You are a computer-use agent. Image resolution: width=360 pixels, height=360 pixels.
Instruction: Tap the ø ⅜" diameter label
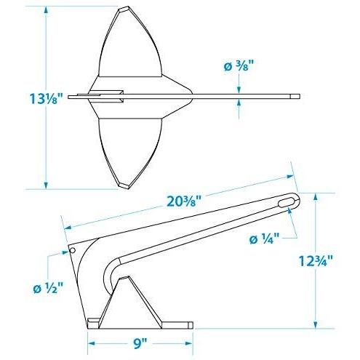(239, 66)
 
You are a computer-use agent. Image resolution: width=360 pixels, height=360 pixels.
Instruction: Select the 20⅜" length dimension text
(184, 201)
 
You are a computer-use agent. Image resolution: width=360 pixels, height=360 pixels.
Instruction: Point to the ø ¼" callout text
(265, 239)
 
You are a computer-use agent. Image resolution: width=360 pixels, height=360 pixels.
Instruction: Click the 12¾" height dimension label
(316, 261)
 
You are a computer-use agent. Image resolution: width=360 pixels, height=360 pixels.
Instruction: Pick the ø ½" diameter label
(48, 288)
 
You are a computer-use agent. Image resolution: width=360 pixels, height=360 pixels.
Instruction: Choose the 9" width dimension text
(140, 343)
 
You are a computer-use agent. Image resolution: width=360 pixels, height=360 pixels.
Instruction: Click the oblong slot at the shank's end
(287, 202)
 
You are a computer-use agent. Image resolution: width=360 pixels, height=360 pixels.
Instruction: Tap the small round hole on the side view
(72, 250)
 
